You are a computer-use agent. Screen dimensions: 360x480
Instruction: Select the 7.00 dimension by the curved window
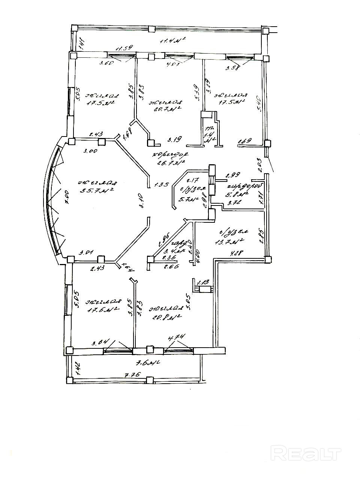67,196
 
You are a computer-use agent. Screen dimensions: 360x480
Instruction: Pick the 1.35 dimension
162,184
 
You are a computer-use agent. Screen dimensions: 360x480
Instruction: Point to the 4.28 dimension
235,253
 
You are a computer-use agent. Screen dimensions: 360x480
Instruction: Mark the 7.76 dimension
129,375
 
